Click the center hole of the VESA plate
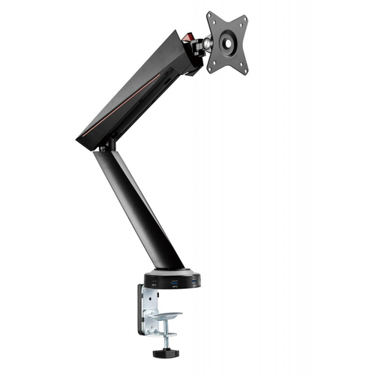(227, 43)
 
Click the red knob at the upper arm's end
(191, 38)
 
